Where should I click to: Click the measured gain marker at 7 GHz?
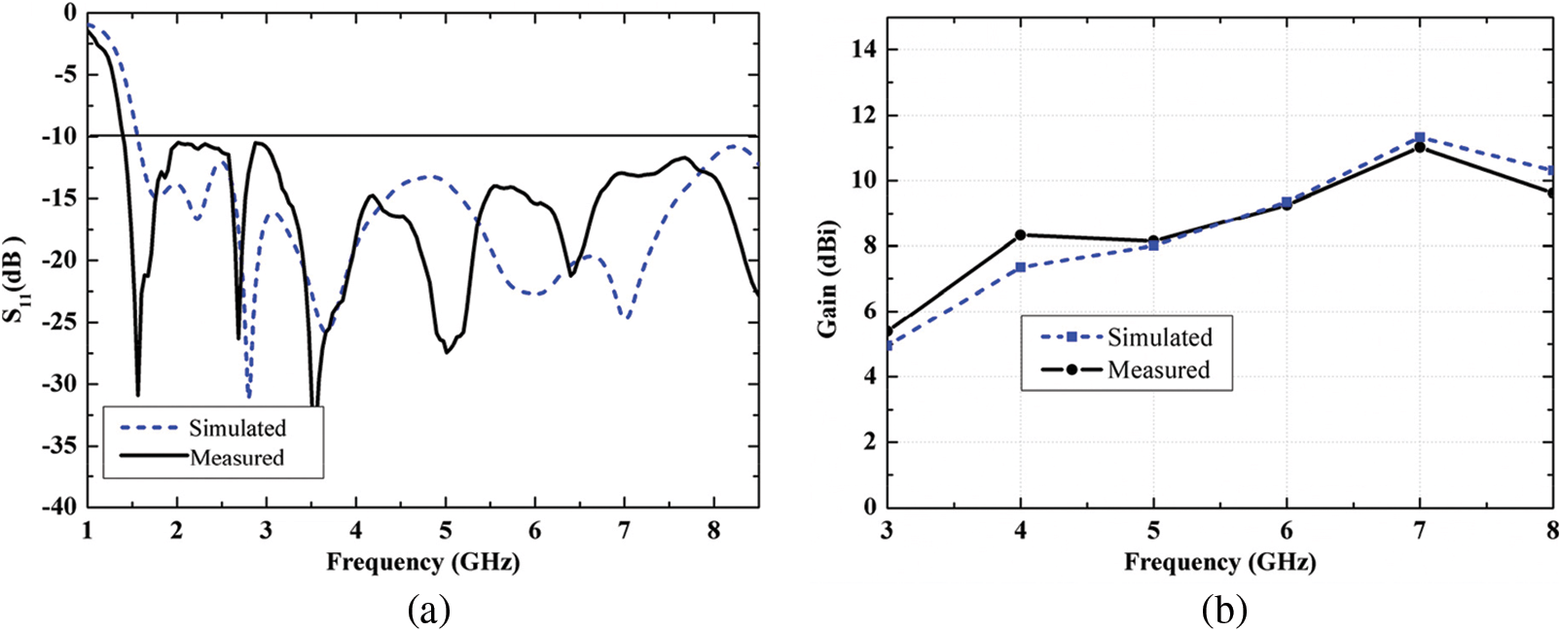pos(1419,147)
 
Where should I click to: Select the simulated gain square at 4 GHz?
pos(1020,267)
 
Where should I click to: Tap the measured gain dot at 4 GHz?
pos(1020,234)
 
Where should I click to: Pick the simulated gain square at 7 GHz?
pos(1420,137)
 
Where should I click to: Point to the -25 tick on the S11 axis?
pos(59,322)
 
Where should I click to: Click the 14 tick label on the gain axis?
pos(862,50)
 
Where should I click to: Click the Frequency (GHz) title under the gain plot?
pos(1219,562)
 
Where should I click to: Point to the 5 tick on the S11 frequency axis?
pos(446,530)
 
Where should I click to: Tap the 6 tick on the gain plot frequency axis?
pos(1287,530)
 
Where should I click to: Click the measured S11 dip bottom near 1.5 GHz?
pos(137,394)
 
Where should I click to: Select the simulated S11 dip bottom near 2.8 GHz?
pos(248,396)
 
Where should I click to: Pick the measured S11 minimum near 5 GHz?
pos(447,352)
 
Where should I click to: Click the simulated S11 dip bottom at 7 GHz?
pos(627,317)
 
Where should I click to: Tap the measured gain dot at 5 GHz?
pos(1153,240)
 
